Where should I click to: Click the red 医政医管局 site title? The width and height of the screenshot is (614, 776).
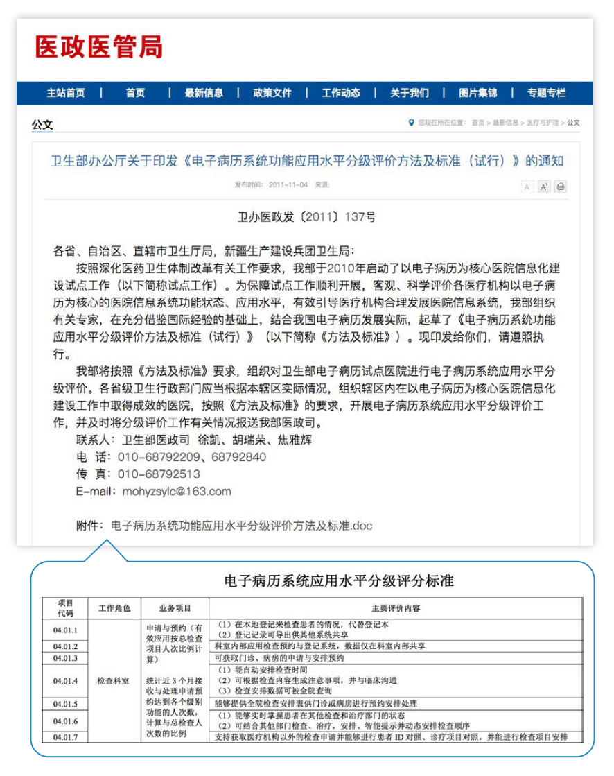point(99,47)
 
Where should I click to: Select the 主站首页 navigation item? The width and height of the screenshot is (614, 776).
point(66,93)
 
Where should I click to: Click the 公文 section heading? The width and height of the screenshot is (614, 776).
point(42,125)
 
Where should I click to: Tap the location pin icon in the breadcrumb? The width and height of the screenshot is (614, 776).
point(412,123)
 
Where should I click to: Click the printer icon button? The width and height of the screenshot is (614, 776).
point(560,186)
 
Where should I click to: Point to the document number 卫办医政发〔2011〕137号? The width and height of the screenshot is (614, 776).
point(306,217)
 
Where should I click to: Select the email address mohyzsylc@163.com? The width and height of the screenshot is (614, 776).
point(177,491)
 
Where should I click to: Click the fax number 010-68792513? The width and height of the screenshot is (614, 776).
point(159,474)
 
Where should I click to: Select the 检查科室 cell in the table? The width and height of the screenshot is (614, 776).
point(113,681)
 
